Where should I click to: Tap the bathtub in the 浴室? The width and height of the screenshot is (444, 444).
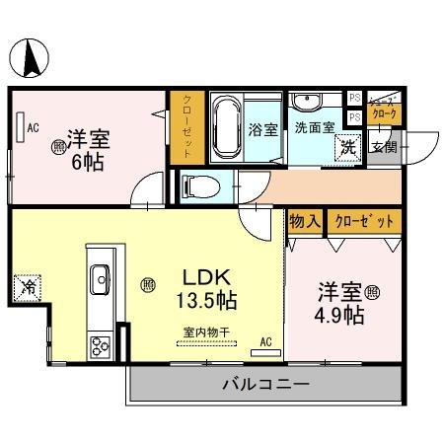coord(226,127)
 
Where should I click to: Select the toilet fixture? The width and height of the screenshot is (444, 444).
coord(196,185)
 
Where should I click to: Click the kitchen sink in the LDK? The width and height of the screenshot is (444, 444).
coord(100,280)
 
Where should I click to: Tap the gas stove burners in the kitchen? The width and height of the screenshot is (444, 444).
coord(101,344)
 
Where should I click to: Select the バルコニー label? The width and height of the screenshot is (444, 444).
coord(263,383)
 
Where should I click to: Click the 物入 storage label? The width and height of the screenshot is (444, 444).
coord(304,222)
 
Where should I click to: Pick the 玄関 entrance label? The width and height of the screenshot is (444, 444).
coord(383,148)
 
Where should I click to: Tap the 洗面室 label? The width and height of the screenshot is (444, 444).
coord(315,127)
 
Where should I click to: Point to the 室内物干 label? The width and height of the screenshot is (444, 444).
coord(206,333)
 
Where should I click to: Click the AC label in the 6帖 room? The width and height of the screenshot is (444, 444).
coord(33,127)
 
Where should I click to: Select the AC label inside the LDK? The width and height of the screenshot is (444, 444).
coord(264,342)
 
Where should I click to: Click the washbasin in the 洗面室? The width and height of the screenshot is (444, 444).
coord(306,102)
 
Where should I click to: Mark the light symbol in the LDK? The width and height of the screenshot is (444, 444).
coord(147,285)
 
